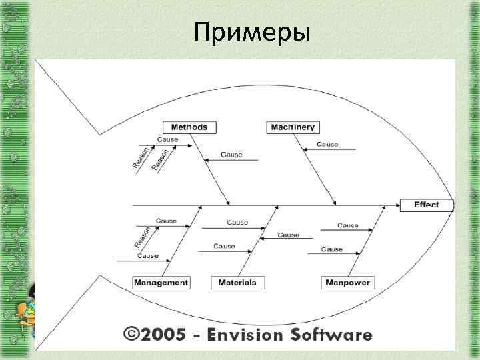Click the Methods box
(189, 127)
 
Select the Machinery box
(293, 127)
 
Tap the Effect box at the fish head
(426, 205)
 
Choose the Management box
(161, 283)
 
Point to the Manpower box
(347, 283)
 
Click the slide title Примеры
(252, 31)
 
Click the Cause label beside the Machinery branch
(327, 144)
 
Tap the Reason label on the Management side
(141, 235)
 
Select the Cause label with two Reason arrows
(167, 139)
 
